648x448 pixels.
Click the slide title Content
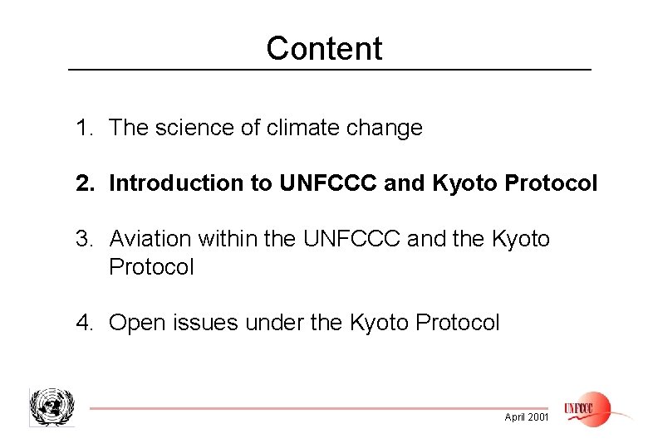tap(324, 49)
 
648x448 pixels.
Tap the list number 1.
tap(83, 129)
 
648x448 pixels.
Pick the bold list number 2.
tap(83, 183)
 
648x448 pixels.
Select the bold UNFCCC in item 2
tap(329, 183)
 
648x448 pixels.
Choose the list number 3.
tap(83, 240)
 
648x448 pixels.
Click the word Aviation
tap(150, 240)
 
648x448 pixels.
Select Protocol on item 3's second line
tap(151, 267)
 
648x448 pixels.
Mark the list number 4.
tap(83, 323)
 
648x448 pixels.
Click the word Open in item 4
tap(131, 323)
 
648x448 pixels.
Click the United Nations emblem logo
tap(52, 407)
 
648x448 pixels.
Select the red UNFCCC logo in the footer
tap(587, 408)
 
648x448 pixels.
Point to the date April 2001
tap(527, 417)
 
